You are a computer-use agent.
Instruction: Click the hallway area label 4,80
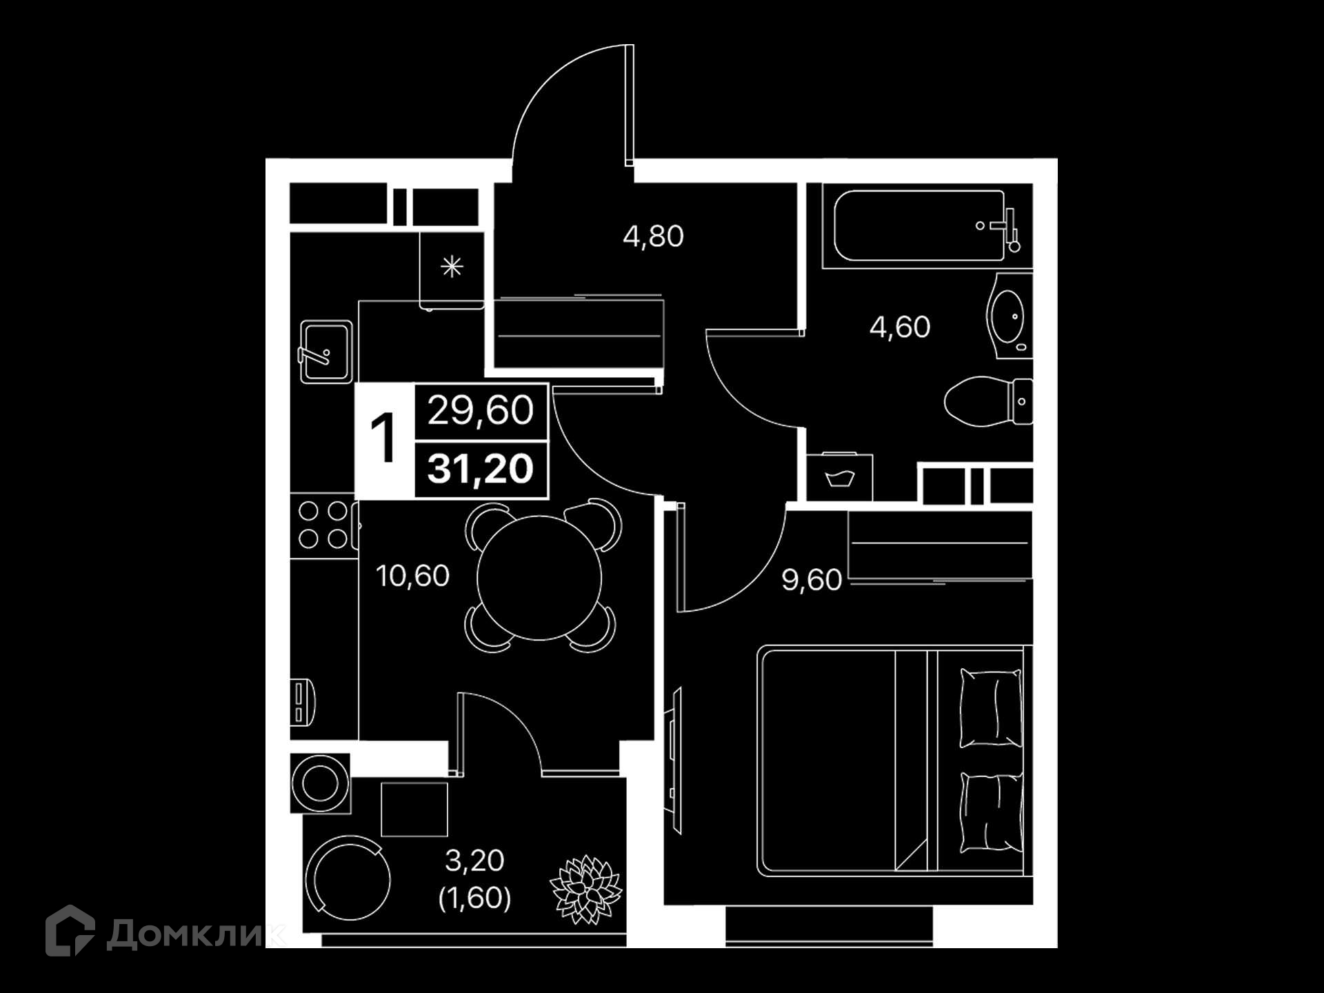(x=653, y=237)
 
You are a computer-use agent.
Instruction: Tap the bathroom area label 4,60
(x=900, y=327)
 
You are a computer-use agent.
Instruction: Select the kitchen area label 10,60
(x=412, y=576)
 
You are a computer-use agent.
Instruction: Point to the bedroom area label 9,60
(x=812, y=580)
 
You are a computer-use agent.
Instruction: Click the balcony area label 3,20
(x=474, y=861)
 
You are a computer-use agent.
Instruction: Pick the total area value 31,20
(x=481, y=469)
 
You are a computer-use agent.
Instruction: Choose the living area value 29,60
(x=481, y=410)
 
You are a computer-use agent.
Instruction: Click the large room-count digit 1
(x=383, y=439)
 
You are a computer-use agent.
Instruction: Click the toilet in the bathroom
(x=988, y=401)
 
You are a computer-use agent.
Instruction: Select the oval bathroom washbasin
(x=1009, y=317)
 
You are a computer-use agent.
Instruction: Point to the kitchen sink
(x=326, y=351)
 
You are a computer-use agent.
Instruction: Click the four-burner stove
(x=324, y=525)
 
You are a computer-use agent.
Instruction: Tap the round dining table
(x=539, y=578)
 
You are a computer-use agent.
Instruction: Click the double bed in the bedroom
(x=894, y=761)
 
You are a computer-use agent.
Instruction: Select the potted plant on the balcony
(x=586, y=890)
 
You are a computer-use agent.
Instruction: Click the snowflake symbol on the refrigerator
(x=452, y=266)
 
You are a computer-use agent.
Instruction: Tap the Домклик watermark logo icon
(x=70, y=931)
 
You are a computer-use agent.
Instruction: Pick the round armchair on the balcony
(x=348, y=879)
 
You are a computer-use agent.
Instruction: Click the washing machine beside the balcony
(x=320, y=783)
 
